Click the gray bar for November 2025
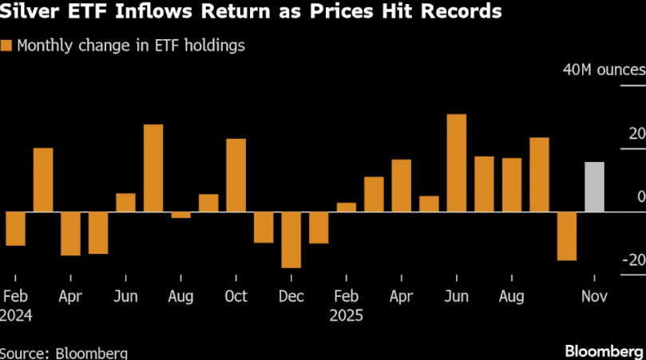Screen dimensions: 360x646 tap(594, 187)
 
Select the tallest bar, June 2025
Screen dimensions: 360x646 tap(456, 163)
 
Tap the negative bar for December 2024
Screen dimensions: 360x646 tap(291, 239)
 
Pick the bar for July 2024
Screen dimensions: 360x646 tap(153, 168)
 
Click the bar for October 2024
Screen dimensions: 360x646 tap(236, 175)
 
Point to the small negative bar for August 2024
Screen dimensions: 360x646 tap(181, 215)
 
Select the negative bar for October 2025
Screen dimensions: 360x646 tap(567, 236)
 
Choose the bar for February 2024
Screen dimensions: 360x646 tap(15, 228)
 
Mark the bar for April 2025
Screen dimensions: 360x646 tap(402, 185)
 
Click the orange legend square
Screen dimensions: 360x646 tap(6, 45)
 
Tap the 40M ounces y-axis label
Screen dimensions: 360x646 tap(604, 70)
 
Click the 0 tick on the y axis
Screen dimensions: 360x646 tap(641, 196)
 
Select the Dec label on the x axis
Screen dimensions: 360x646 tap(291, 297)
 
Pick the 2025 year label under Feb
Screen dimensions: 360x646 tap(346, 315)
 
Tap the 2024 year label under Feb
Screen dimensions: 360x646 tap(16, 315)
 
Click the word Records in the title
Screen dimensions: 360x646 tap(460, 12)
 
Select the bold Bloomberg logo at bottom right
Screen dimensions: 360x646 tap(604, 350)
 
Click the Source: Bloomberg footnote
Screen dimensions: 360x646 tap(64, 352)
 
